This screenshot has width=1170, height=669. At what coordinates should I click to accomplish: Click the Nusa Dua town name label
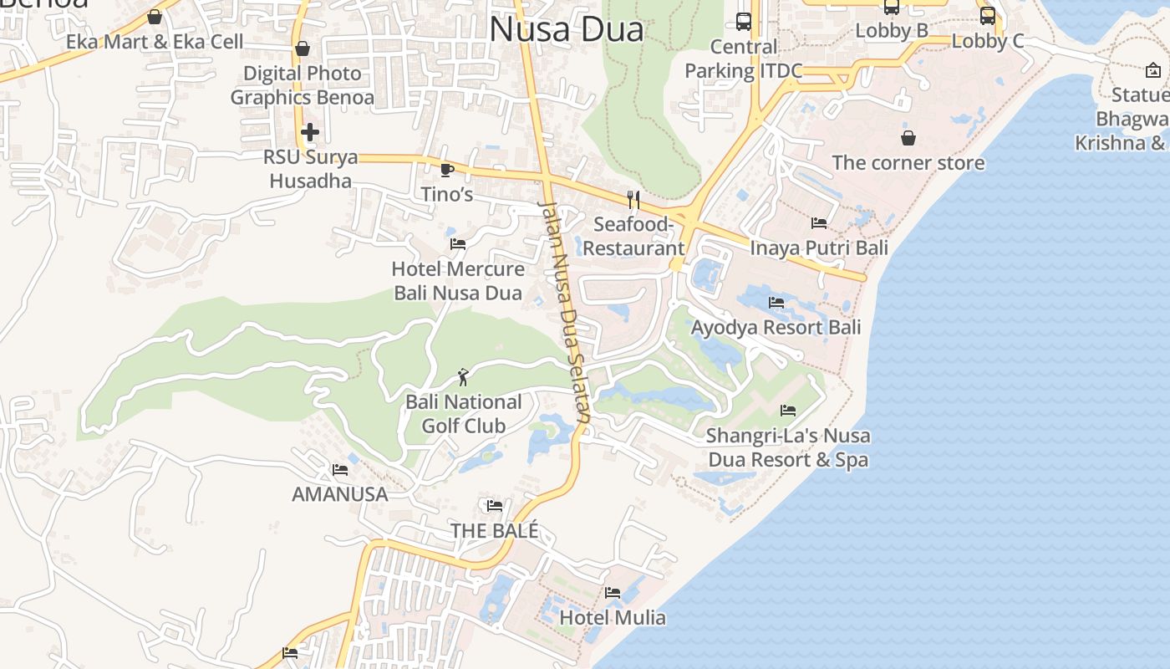tap(567, 30)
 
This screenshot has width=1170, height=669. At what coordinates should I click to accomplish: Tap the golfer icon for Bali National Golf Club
tap(463, 377)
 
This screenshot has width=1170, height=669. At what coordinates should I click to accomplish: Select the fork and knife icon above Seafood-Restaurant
tap(633, 199)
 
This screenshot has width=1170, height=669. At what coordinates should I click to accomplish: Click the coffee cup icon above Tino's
tap(447, 171)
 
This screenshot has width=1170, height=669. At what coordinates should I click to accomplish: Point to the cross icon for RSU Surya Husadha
tap(310, 132)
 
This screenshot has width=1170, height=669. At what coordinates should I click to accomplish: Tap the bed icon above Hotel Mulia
tap(613, 593)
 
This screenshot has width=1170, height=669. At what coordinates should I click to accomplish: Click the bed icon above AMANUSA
tap(340, 470)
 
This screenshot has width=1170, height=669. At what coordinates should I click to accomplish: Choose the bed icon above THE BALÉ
tap(495, 506)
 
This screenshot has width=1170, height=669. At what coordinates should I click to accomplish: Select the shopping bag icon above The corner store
tap(908, 138)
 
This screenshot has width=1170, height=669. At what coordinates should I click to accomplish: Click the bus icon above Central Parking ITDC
tap(744, 22)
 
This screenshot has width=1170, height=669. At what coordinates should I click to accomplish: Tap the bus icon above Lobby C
tap(988, 16)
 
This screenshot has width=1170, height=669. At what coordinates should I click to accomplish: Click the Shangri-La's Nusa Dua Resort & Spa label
tap(788, 447)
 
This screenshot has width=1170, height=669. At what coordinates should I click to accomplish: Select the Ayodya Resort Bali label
tap(776, 327)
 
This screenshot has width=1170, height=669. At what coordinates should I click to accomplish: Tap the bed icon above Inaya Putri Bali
tap(819, 223)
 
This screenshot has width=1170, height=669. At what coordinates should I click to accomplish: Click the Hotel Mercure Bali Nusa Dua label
tap(458, 281)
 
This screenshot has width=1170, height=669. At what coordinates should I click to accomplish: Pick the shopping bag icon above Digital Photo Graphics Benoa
tap(303, 49)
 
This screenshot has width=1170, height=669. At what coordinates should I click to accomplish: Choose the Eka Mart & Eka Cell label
tap(155, 42)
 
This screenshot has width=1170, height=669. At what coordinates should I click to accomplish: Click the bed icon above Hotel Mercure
tap(458, 244)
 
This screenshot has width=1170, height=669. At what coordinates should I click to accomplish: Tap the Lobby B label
tap(892, 31)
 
